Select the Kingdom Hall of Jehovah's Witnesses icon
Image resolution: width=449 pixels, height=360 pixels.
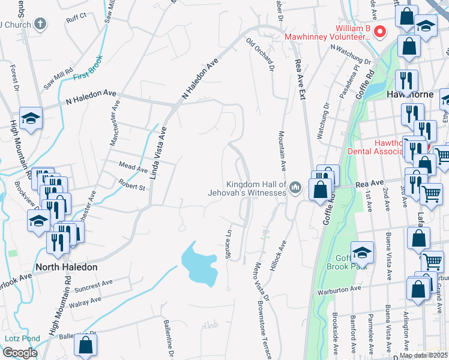295,188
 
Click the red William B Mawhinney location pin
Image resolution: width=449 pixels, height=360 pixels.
379,31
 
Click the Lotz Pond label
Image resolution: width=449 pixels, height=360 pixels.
22,338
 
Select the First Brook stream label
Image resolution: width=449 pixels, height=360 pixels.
88,69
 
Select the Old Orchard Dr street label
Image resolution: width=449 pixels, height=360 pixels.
261,55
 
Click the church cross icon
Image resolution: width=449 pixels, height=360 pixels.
40,24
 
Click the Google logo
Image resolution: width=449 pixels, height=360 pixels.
20,353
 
